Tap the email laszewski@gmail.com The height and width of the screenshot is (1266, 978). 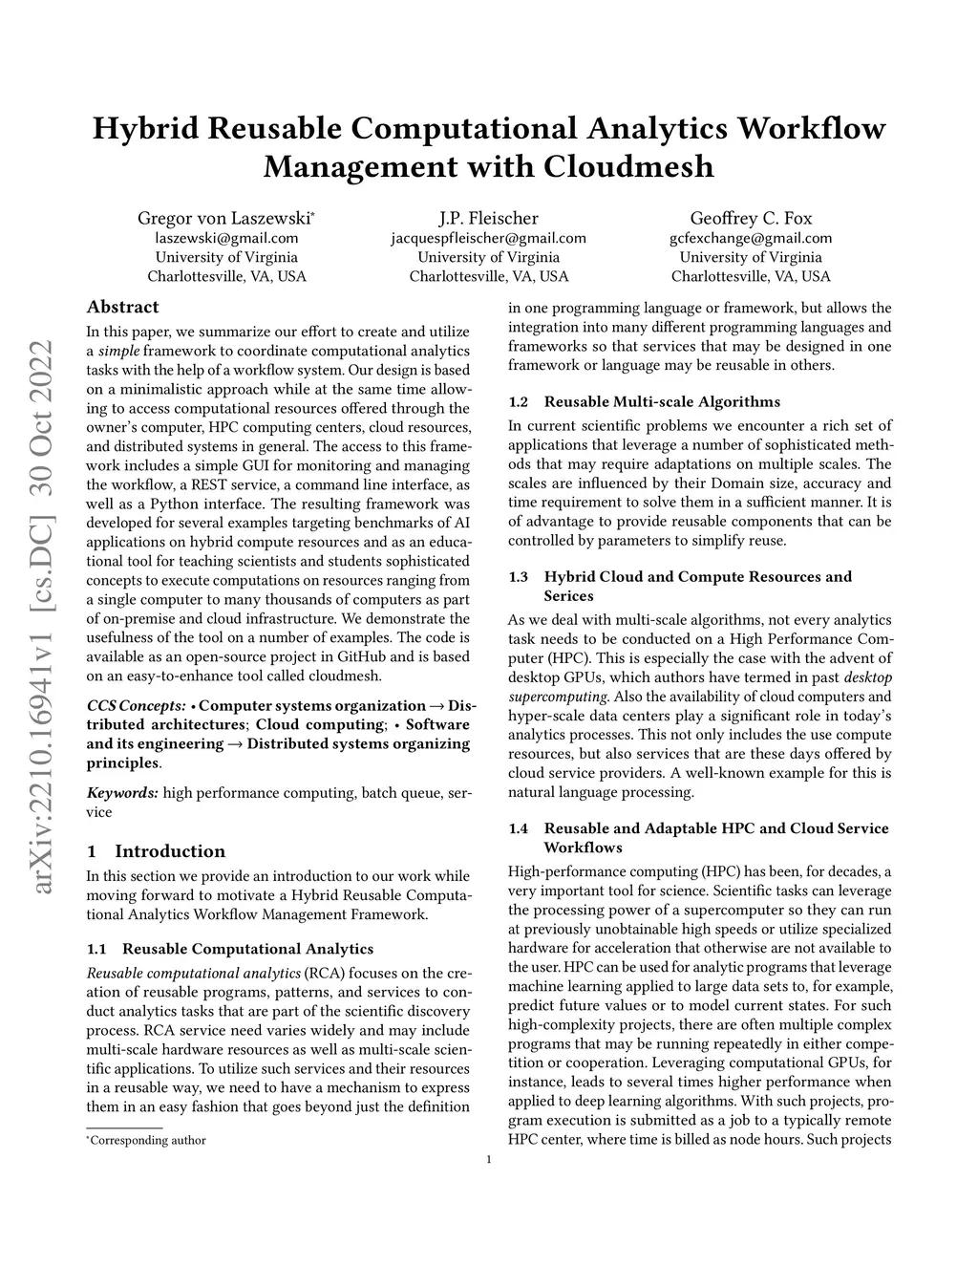pyautogui.click(x=226, y=238)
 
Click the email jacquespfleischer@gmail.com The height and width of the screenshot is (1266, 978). pyautogui.click(x=488, y=238)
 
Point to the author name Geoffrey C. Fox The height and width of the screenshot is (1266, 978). pyautogui.click(x=751, y=219)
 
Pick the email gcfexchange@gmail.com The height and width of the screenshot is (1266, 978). pyautogui.click(x=751, y=238)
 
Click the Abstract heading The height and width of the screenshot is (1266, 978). pyautogui.click(x=122, y=307)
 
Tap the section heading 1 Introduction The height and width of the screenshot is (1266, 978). pyautogui.click(x=156, y=851)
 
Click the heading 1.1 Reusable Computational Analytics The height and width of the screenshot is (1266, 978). pyautogui.click(x=229, y=949)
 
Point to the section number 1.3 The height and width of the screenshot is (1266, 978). pyautogui.click(x=519, y=576)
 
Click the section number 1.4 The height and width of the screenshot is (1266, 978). pyautogui.click(x=519, y=828)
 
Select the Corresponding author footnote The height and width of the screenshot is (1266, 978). pyautogui.click(x=146, y=1140)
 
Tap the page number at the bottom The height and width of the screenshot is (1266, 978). pyautogui.click(x=489, y=1160)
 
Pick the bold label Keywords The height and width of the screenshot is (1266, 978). pyautogui.click(x=122, y=792)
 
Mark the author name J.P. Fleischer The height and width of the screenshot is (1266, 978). pyautogui.click(x=488, y=219)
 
